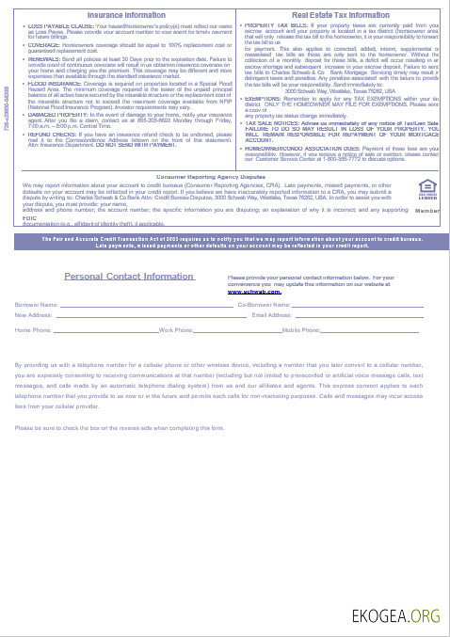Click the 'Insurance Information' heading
pyautogui.click(x=124, y=15)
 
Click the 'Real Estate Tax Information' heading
pyautogui.click(x=341, y=15)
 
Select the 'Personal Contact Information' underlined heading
pyautogui.click(x=130, y=277)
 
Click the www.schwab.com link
pyautogui.click(x=255, y=293)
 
